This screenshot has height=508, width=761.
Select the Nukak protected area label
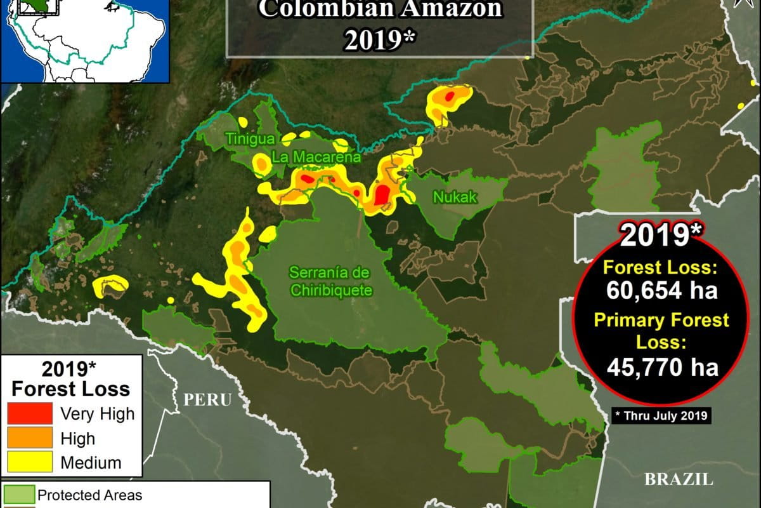pyautogui.click(x=455, y=197)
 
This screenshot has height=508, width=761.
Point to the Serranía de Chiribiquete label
pyautogui.click(x=330, y=281)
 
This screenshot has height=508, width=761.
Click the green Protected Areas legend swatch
pyautogui.click(x=18, y=495)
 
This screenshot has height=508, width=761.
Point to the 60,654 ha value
pyautogui.click(x=661, y=290)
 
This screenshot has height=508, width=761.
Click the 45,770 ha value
pyautogui.click(x=662, y=367)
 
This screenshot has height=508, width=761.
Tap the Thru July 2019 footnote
pyautogui.click(x=661, y=416)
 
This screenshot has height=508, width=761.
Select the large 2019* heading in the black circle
pyautogui.click(x=661, y=236)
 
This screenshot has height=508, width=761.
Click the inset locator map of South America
pyautogui.click(x=85, y=41)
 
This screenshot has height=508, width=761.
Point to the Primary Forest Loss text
pyautogui.click(x=661, y=331)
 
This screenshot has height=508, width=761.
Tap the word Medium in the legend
pyautogui.click(x=91, y=462)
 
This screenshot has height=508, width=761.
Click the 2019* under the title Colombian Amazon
pyautogui.click(x=380, y=39)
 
